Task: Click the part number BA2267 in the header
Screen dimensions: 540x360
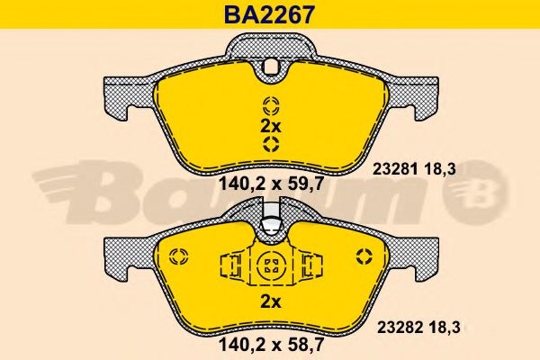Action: tap(269, 14)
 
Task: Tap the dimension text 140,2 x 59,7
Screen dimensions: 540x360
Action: tap(272, 184)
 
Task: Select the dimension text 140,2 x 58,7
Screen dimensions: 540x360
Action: tap(272, 344)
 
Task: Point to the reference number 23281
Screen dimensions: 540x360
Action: tap(395, 169)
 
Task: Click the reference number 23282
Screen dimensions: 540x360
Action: tap(400, 328)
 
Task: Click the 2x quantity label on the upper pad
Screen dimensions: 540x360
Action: tap(270, 127)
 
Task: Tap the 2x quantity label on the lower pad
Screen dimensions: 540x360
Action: tap(270, 302)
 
